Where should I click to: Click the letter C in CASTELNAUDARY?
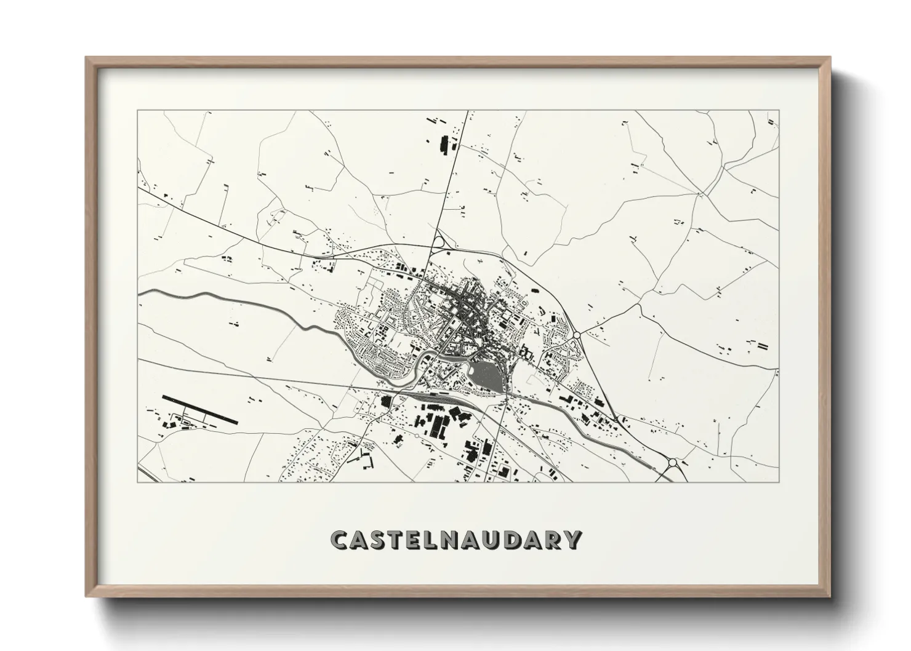pyautogui.click(x=340, y=540)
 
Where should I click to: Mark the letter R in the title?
pyautogui.click(x=551, y=540)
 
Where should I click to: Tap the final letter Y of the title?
pyautogui.click(x=572, y=540)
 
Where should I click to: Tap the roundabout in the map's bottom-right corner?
pyautogui.click(x=672, y=462)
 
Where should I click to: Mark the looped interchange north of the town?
pyautogui.click(x=438, y=242)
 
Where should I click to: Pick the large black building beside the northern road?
pyautogui.click(x=444, y=146)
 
